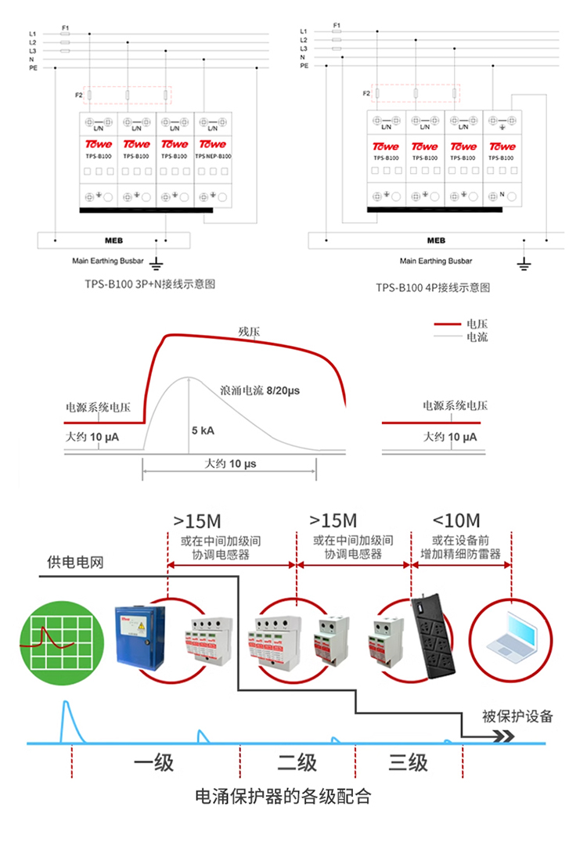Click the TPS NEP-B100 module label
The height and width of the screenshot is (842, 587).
[x=213, y=156]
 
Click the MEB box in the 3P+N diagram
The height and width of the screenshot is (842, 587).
[x=114, y=240]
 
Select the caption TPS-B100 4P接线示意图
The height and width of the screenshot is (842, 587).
[x=432, y=287]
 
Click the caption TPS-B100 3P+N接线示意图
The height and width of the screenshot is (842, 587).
[x=149, y=284]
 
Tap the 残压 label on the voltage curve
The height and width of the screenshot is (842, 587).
[x=249, y=330]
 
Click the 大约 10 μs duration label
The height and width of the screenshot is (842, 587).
[x=230, y=464]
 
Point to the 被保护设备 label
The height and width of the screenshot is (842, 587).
[x=517, y=716]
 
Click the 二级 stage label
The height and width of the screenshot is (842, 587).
[x=297, y=762]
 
